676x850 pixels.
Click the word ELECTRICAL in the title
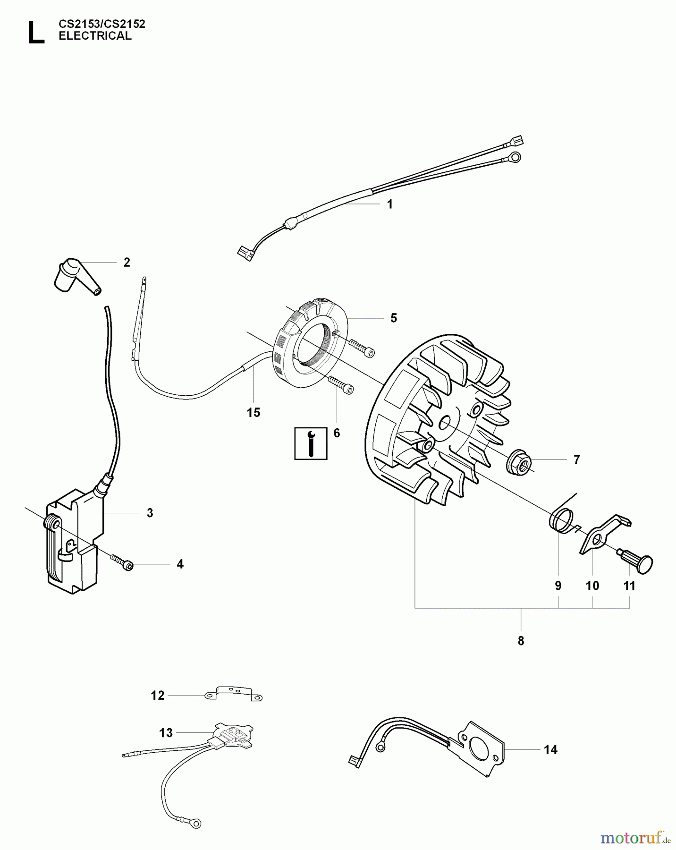[x=95, y=36]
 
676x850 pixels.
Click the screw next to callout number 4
[x=122, y=562]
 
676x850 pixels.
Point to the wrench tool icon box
[x=311, y=443]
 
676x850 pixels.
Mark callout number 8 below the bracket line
[x=521, y=641]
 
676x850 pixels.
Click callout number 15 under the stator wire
[x=253, y=412]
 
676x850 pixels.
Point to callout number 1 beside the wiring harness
[x=389, y=204]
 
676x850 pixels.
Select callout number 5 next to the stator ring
[x=394, y=318]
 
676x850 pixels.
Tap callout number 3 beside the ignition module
[x=150, y=513]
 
